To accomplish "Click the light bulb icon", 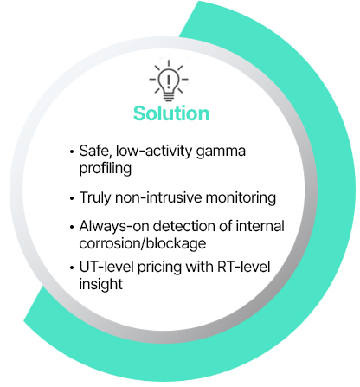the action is [x=169, y=81].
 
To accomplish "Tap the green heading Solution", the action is [x=171, y=113].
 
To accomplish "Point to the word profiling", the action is [x=106, y=169].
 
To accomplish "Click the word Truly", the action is [x=95, y=198].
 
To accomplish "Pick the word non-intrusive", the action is [x=158, y=197].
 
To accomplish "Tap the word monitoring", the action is [x=241, y=198].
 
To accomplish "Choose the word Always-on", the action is [x=114, y=227].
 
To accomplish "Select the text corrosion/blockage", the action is [x=143, y=243].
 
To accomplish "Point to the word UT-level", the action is [x=106, y=267].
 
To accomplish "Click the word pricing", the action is [x=159, y=268].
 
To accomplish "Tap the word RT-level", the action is [x=244, y=267].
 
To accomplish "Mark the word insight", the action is [x=100, y=285].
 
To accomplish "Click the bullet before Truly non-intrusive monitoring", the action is [x=72, y=199].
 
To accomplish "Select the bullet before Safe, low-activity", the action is [x=72, y=152].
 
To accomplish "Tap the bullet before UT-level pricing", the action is [x=72, y=268].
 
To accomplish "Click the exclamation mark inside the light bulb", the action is [x=169, y=80].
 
